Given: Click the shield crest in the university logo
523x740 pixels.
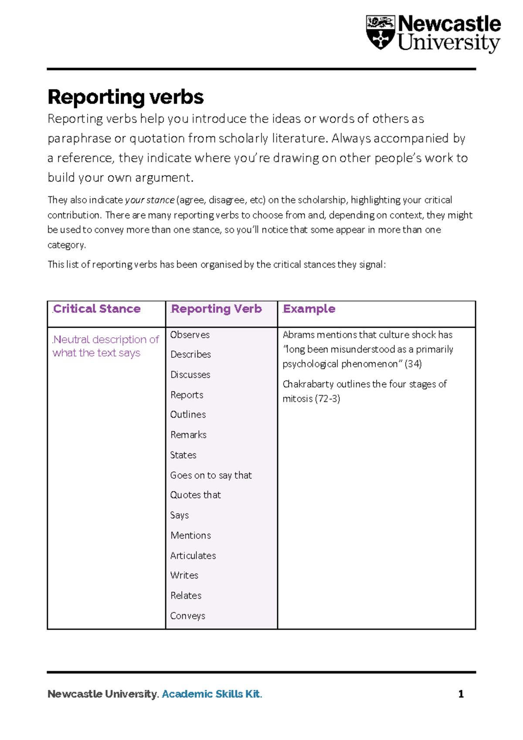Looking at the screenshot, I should [x=380, y=32].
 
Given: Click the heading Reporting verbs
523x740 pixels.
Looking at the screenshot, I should [x=126, y=97].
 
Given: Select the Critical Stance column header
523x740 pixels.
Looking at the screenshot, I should [x=97, y=309].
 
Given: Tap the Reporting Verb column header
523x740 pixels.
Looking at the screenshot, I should [x=216, y=309].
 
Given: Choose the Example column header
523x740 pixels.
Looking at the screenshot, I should [x=309, y=309].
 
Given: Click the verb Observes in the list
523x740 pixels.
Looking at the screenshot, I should [x=190, y=335].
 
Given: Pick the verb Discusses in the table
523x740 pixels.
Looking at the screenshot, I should [x=190, y=375].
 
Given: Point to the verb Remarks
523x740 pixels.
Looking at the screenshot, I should [x=188, y=435].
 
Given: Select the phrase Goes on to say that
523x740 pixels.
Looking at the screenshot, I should [x=211, y=475].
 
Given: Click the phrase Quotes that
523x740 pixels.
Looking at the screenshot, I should [x=195, y=495].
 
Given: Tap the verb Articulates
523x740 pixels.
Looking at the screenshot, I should [x=193, y=555].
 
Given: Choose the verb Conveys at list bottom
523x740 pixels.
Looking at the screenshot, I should [x=187, y=616].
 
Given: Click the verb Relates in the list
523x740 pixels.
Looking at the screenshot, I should [x=186, y=596].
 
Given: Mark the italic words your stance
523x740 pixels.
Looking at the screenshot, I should [x=149, y=200].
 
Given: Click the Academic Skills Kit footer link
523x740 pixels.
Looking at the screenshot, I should [x=212, y=694].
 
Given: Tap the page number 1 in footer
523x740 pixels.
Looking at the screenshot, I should [x=461, y=694].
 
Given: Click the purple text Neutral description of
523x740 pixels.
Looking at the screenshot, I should [x=106, y=339].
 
